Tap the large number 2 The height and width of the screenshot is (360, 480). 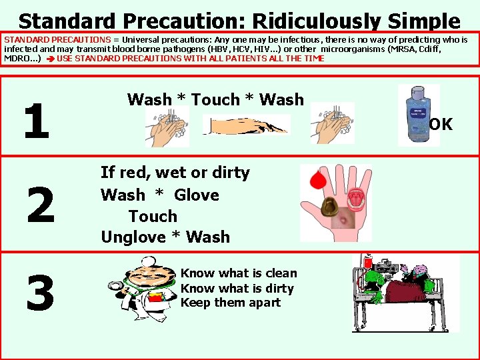[x=41, y=206]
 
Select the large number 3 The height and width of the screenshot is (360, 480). [x=40, y=293]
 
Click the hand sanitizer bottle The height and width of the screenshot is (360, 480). [x=419, y=114]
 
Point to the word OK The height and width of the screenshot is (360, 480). [x=441, y=124]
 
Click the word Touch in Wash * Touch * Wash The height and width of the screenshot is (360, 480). [x=215, y=100]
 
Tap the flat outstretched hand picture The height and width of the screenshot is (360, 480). [x=247, y=125]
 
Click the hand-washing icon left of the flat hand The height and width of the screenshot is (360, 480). [x=167, y=127]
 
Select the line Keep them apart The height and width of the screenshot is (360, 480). [x=231, y=303]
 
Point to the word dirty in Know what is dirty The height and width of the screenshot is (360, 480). [x=279, y=288]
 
